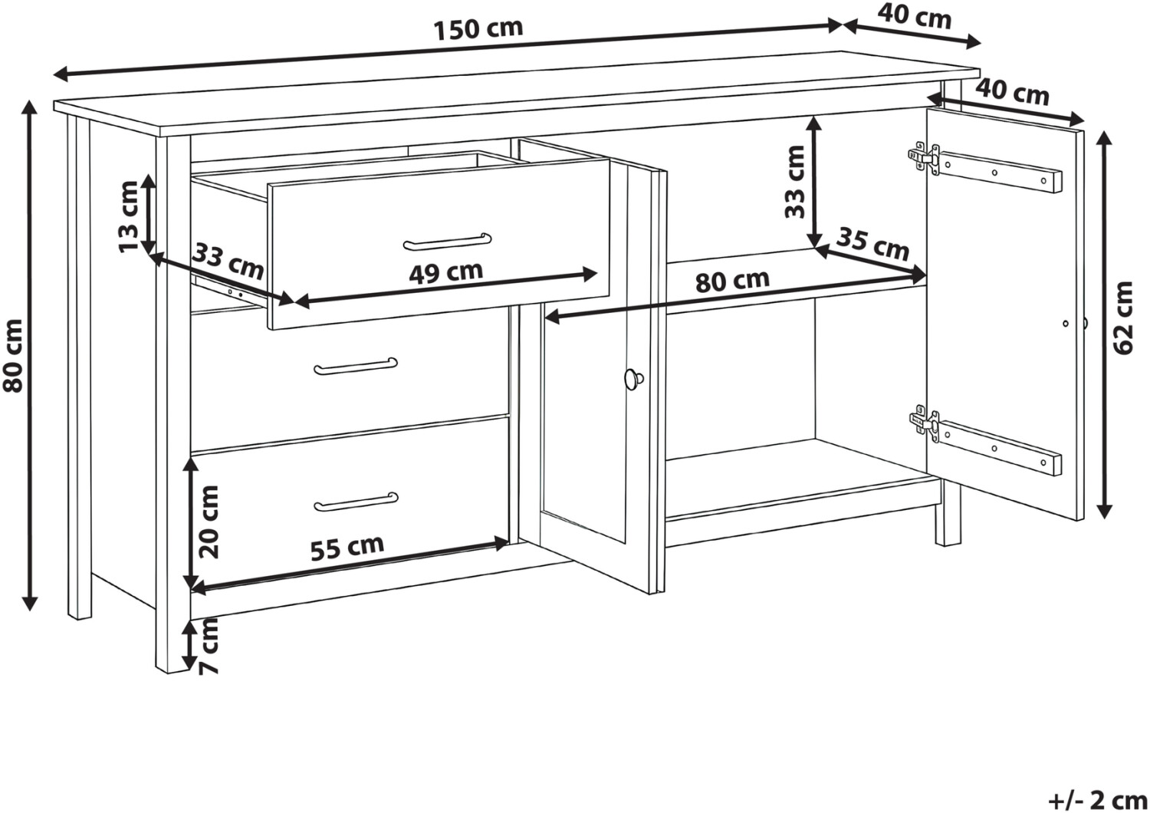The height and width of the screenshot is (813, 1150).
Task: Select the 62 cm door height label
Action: tap(1123, 318)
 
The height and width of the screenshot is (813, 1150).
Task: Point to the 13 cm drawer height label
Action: tap(128, 217)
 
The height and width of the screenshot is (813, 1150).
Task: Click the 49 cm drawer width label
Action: tap(445, 272)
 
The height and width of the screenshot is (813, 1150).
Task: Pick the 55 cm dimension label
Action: tap(347, 548)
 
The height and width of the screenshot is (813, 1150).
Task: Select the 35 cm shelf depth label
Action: tap(872, 244)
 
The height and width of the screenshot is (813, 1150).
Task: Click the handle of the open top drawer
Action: tap(447, 242)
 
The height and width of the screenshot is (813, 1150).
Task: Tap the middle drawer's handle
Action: tap(356, 366)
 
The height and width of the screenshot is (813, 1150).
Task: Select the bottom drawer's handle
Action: tap(356, 502)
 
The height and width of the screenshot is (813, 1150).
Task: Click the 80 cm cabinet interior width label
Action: tap(733, 281)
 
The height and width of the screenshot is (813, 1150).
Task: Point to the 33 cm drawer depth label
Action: tap(228, 262)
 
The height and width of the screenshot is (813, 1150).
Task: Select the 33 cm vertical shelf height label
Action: tap(795, 182)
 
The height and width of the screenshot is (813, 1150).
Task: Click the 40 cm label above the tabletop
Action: tap(914, 18)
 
